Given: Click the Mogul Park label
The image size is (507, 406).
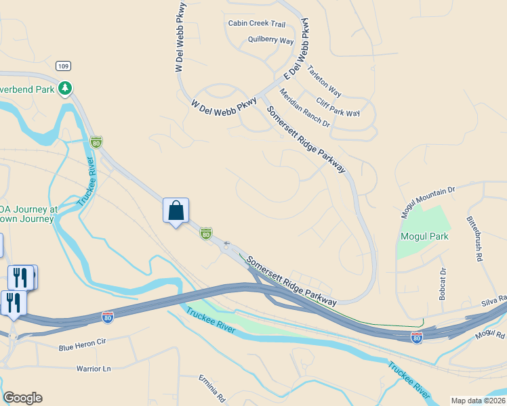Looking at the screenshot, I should tap(425, 237).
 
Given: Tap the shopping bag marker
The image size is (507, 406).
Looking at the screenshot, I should tap(176, 210).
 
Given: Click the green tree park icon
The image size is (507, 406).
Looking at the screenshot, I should tap(65, 88).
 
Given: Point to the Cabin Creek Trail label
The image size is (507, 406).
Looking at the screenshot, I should tap(257, 23).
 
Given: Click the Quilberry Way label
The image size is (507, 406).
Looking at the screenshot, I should tap(270, 41).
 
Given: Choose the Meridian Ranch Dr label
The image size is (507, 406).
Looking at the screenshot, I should tap(304, 109).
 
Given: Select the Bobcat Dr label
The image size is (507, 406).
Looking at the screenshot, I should tap(443, 284).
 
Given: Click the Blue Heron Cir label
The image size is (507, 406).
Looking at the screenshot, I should tap(83, 343).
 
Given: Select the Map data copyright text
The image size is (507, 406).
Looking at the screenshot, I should tap(479, 401).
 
